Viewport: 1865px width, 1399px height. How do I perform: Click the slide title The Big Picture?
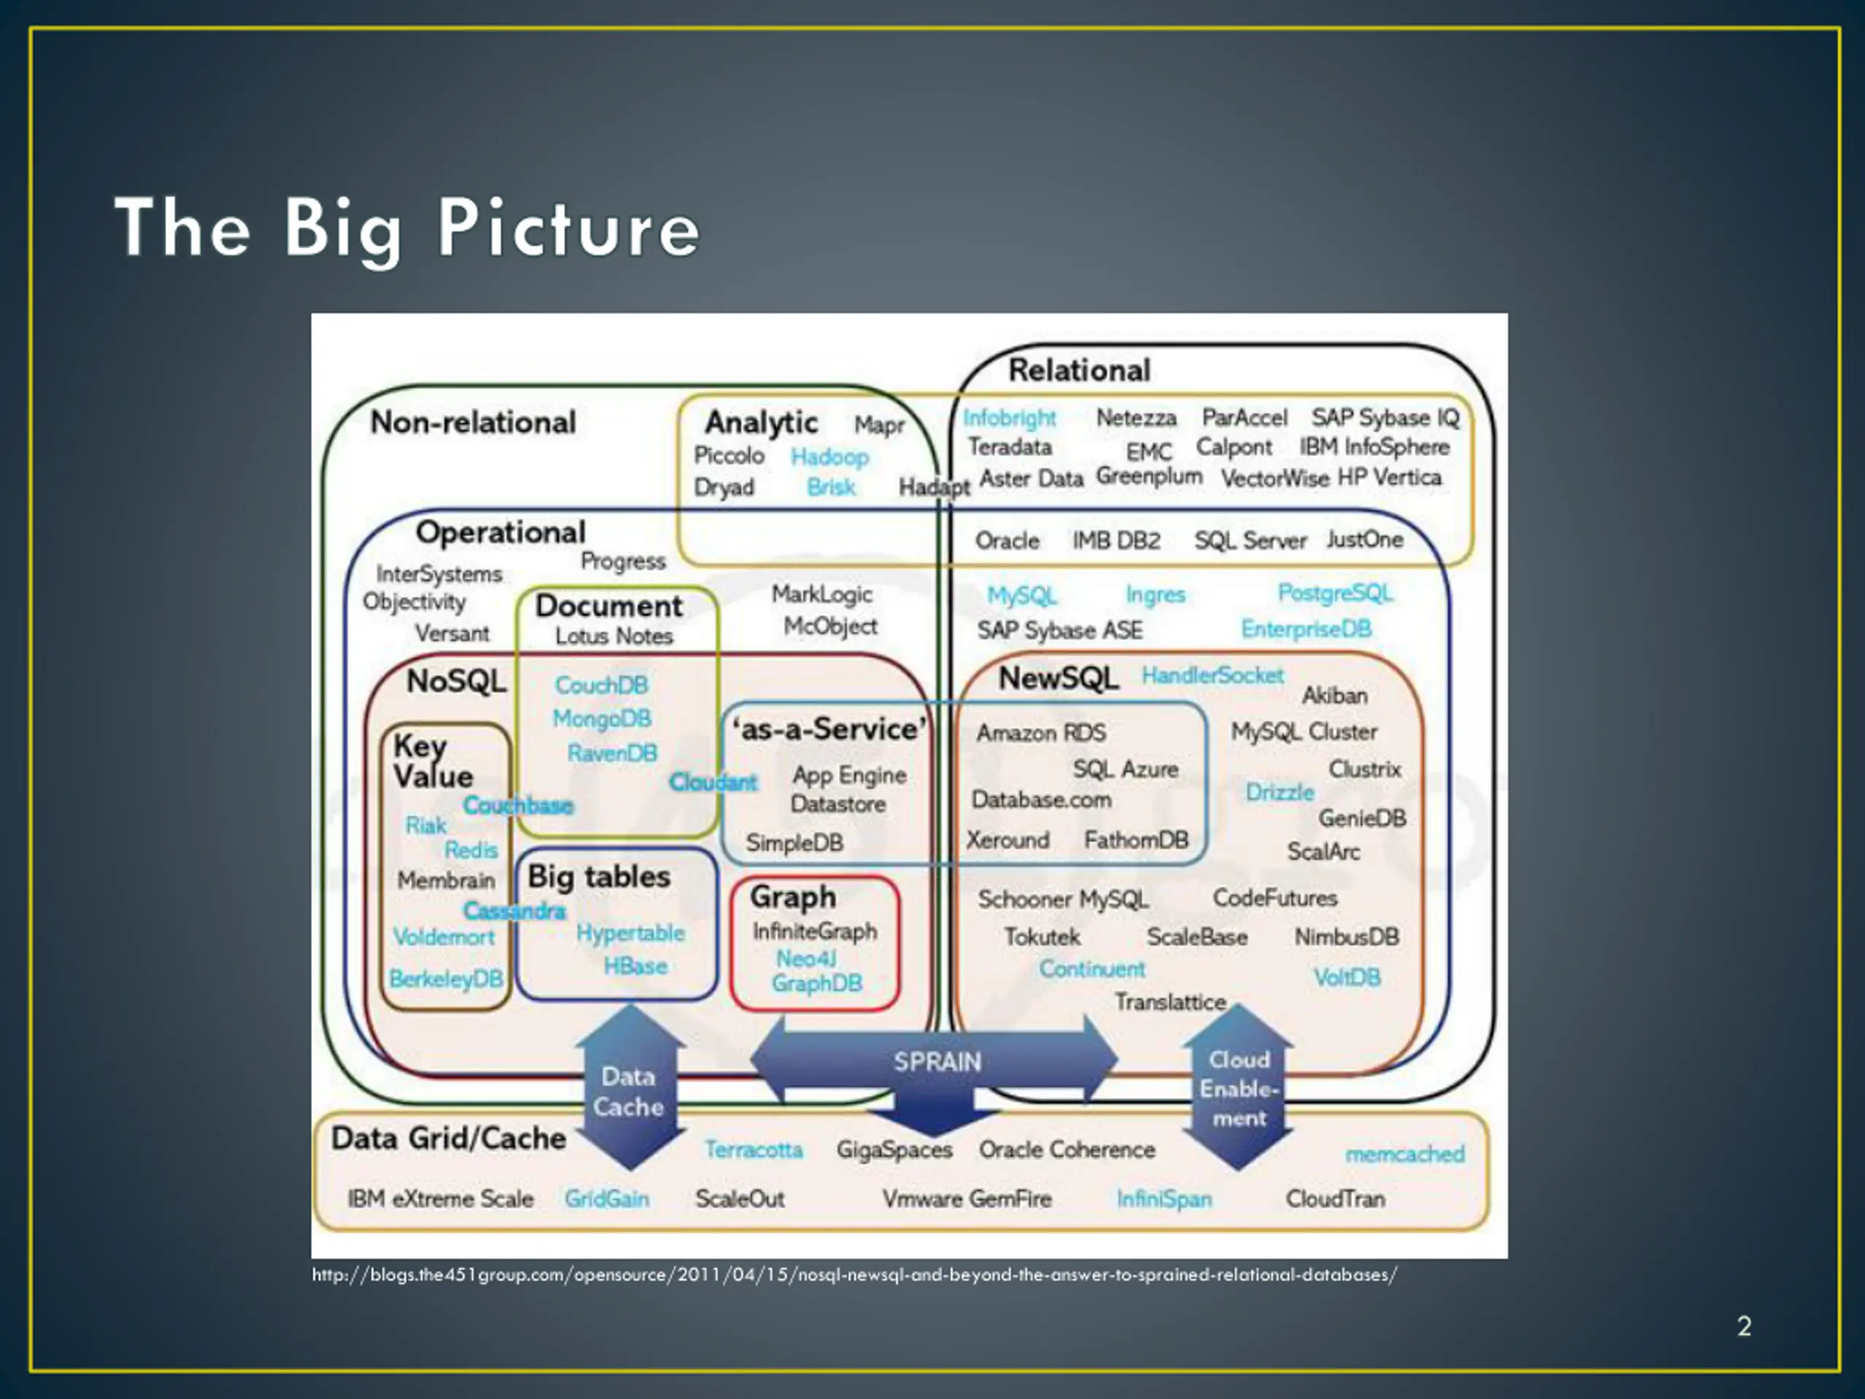click(x=407, y=227)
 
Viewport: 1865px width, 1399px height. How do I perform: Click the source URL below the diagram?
click(x=854, y=1274)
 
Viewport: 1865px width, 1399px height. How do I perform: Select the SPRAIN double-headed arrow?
click(x=936, y=1061)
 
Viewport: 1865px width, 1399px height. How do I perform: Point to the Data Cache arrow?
click(x=629, y=1090)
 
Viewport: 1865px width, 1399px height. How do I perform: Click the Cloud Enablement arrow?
click(x=1238, y=1088)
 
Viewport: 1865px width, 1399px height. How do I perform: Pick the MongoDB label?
click(x=602, y=718)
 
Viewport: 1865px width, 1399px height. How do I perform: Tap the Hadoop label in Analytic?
click(x=830, y=457)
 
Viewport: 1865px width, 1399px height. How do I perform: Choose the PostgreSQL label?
click(x=1335, y=594)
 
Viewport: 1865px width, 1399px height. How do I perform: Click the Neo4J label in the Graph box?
click(x=806, y=959)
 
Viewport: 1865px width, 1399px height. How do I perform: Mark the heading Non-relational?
click(x=473, y=423)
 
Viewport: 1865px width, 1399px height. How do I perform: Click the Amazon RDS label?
click(x=1040, y=733)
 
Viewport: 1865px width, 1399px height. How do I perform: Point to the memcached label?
click(x=1405, y=1153)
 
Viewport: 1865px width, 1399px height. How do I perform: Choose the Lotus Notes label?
click(x=614, y=636)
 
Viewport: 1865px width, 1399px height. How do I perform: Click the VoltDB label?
click(x=1346, y=977)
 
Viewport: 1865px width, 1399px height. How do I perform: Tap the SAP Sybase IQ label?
click(x=1384, y=418)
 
